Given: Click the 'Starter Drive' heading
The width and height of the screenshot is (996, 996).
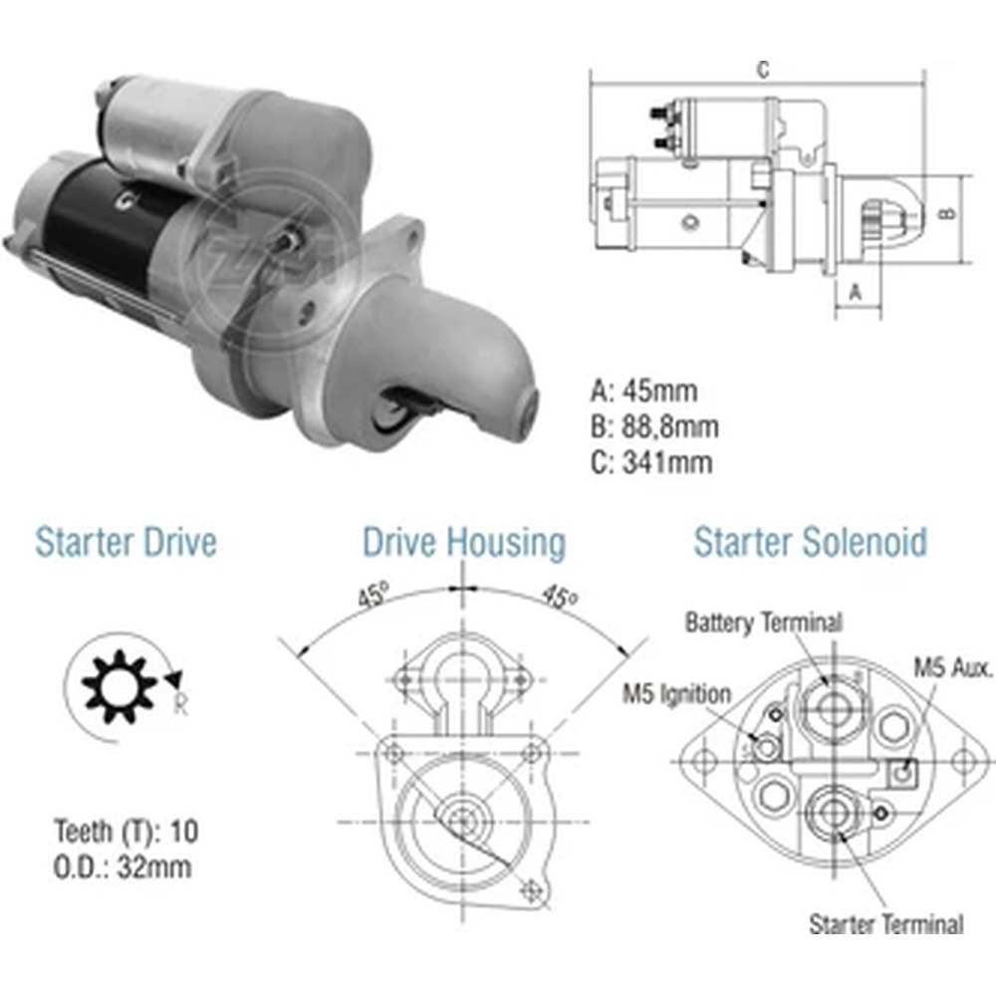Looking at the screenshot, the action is coord(125,543).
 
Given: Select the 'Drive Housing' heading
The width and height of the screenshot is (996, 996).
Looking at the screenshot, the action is coord(464,543).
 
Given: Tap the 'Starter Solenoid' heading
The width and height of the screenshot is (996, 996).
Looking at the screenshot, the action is coord(810,542).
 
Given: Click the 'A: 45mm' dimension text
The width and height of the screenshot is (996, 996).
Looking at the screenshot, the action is coord(643,390).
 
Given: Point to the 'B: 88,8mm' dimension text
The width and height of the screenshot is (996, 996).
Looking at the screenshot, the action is coord(654,426).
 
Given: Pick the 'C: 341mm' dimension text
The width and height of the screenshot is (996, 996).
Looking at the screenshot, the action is coord(651,462).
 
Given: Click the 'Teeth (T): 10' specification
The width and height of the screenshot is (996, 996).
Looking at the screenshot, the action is coord(126,832).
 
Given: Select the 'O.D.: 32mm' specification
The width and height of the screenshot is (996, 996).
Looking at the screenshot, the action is coord(122,868).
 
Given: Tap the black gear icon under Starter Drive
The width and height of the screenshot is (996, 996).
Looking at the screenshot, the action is coord(119,686).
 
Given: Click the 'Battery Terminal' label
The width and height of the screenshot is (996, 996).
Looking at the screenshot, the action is coord(764,622).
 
